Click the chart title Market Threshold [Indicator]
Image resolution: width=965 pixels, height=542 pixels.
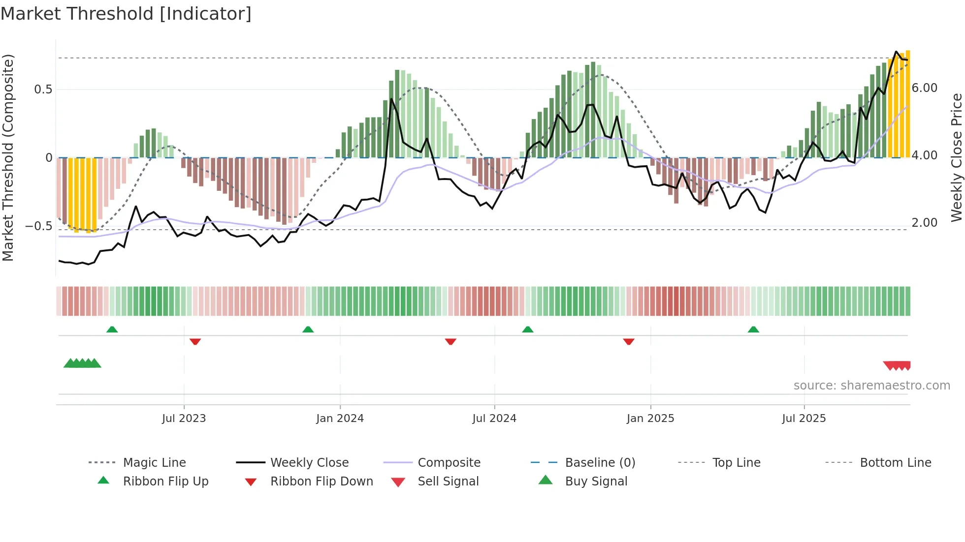126,14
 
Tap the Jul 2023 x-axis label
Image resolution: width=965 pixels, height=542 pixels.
184,419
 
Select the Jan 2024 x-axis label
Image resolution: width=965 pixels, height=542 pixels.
340,419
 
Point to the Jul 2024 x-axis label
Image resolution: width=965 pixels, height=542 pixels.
494,419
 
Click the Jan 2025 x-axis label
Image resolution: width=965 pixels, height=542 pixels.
650,419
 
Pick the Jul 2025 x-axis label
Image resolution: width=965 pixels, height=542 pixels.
804,419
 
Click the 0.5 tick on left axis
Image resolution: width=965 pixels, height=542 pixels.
43,90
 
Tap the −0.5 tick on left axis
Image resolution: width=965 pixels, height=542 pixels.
39,226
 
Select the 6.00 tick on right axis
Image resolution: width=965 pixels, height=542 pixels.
925,88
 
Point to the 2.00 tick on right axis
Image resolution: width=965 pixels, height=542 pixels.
925,223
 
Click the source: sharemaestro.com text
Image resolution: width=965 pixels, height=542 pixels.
871,386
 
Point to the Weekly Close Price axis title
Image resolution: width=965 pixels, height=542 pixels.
956,157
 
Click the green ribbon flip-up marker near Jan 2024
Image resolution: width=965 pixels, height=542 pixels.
308,330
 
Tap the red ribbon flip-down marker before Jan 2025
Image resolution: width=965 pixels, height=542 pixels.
629,341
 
